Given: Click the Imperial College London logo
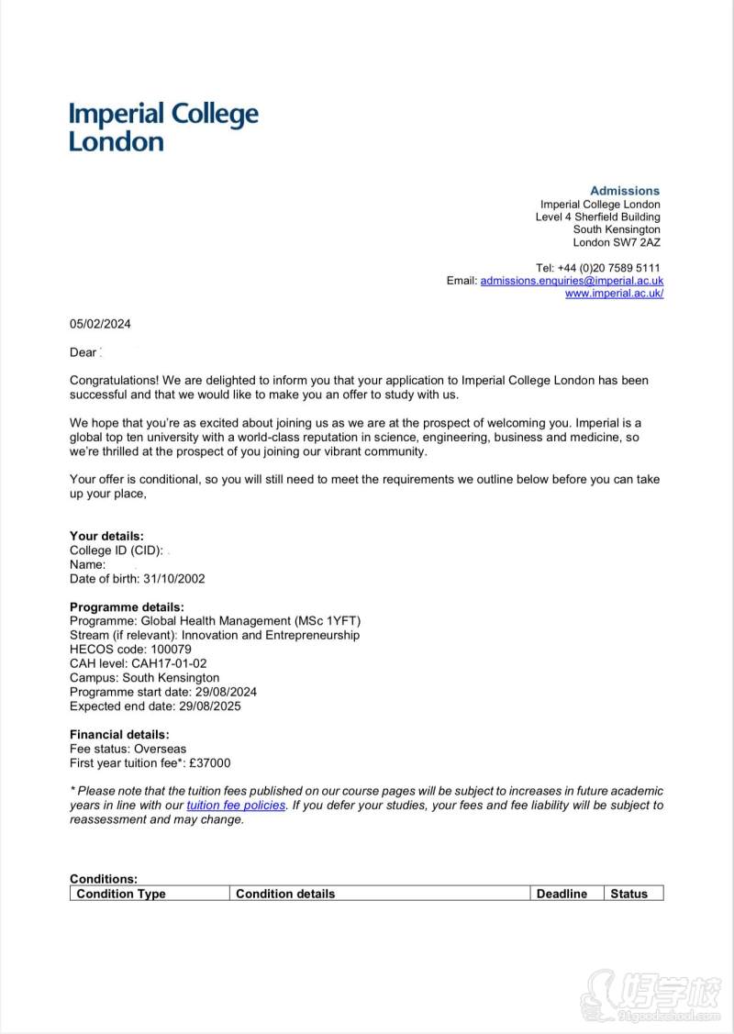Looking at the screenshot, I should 163,128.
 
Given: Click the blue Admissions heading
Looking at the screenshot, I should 624,191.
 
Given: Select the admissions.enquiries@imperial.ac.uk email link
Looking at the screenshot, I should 572,281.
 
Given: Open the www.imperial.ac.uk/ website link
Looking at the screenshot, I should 614,294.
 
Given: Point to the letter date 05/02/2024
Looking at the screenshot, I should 100,324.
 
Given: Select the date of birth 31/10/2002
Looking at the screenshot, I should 173,579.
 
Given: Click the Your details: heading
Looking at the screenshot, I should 106,537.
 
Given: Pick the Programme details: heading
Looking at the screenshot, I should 127,607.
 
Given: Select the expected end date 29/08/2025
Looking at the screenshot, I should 210,706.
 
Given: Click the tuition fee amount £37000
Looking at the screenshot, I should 209,763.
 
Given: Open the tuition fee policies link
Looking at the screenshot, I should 236,806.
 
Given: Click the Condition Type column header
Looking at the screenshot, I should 121,894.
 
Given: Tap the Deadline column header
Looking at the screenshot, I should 562,894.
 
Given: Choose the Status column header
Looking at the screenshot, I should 628,894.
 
